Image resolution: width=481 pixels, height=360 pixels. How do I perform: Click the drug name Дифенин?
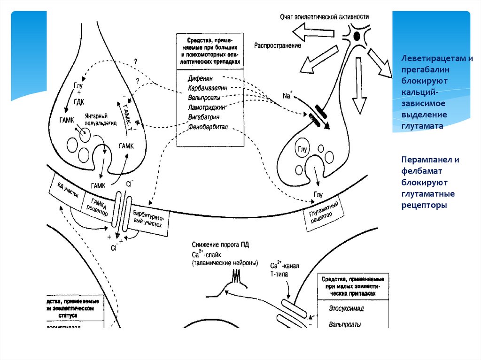200,78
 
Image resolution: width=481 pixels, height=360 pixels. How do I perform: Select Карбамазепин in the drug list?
207,88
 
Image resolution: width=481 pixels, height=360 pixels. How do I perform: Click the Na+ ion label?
287,96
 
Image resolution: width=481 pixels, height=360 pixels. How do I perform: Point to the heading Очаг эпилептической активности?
324,16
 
